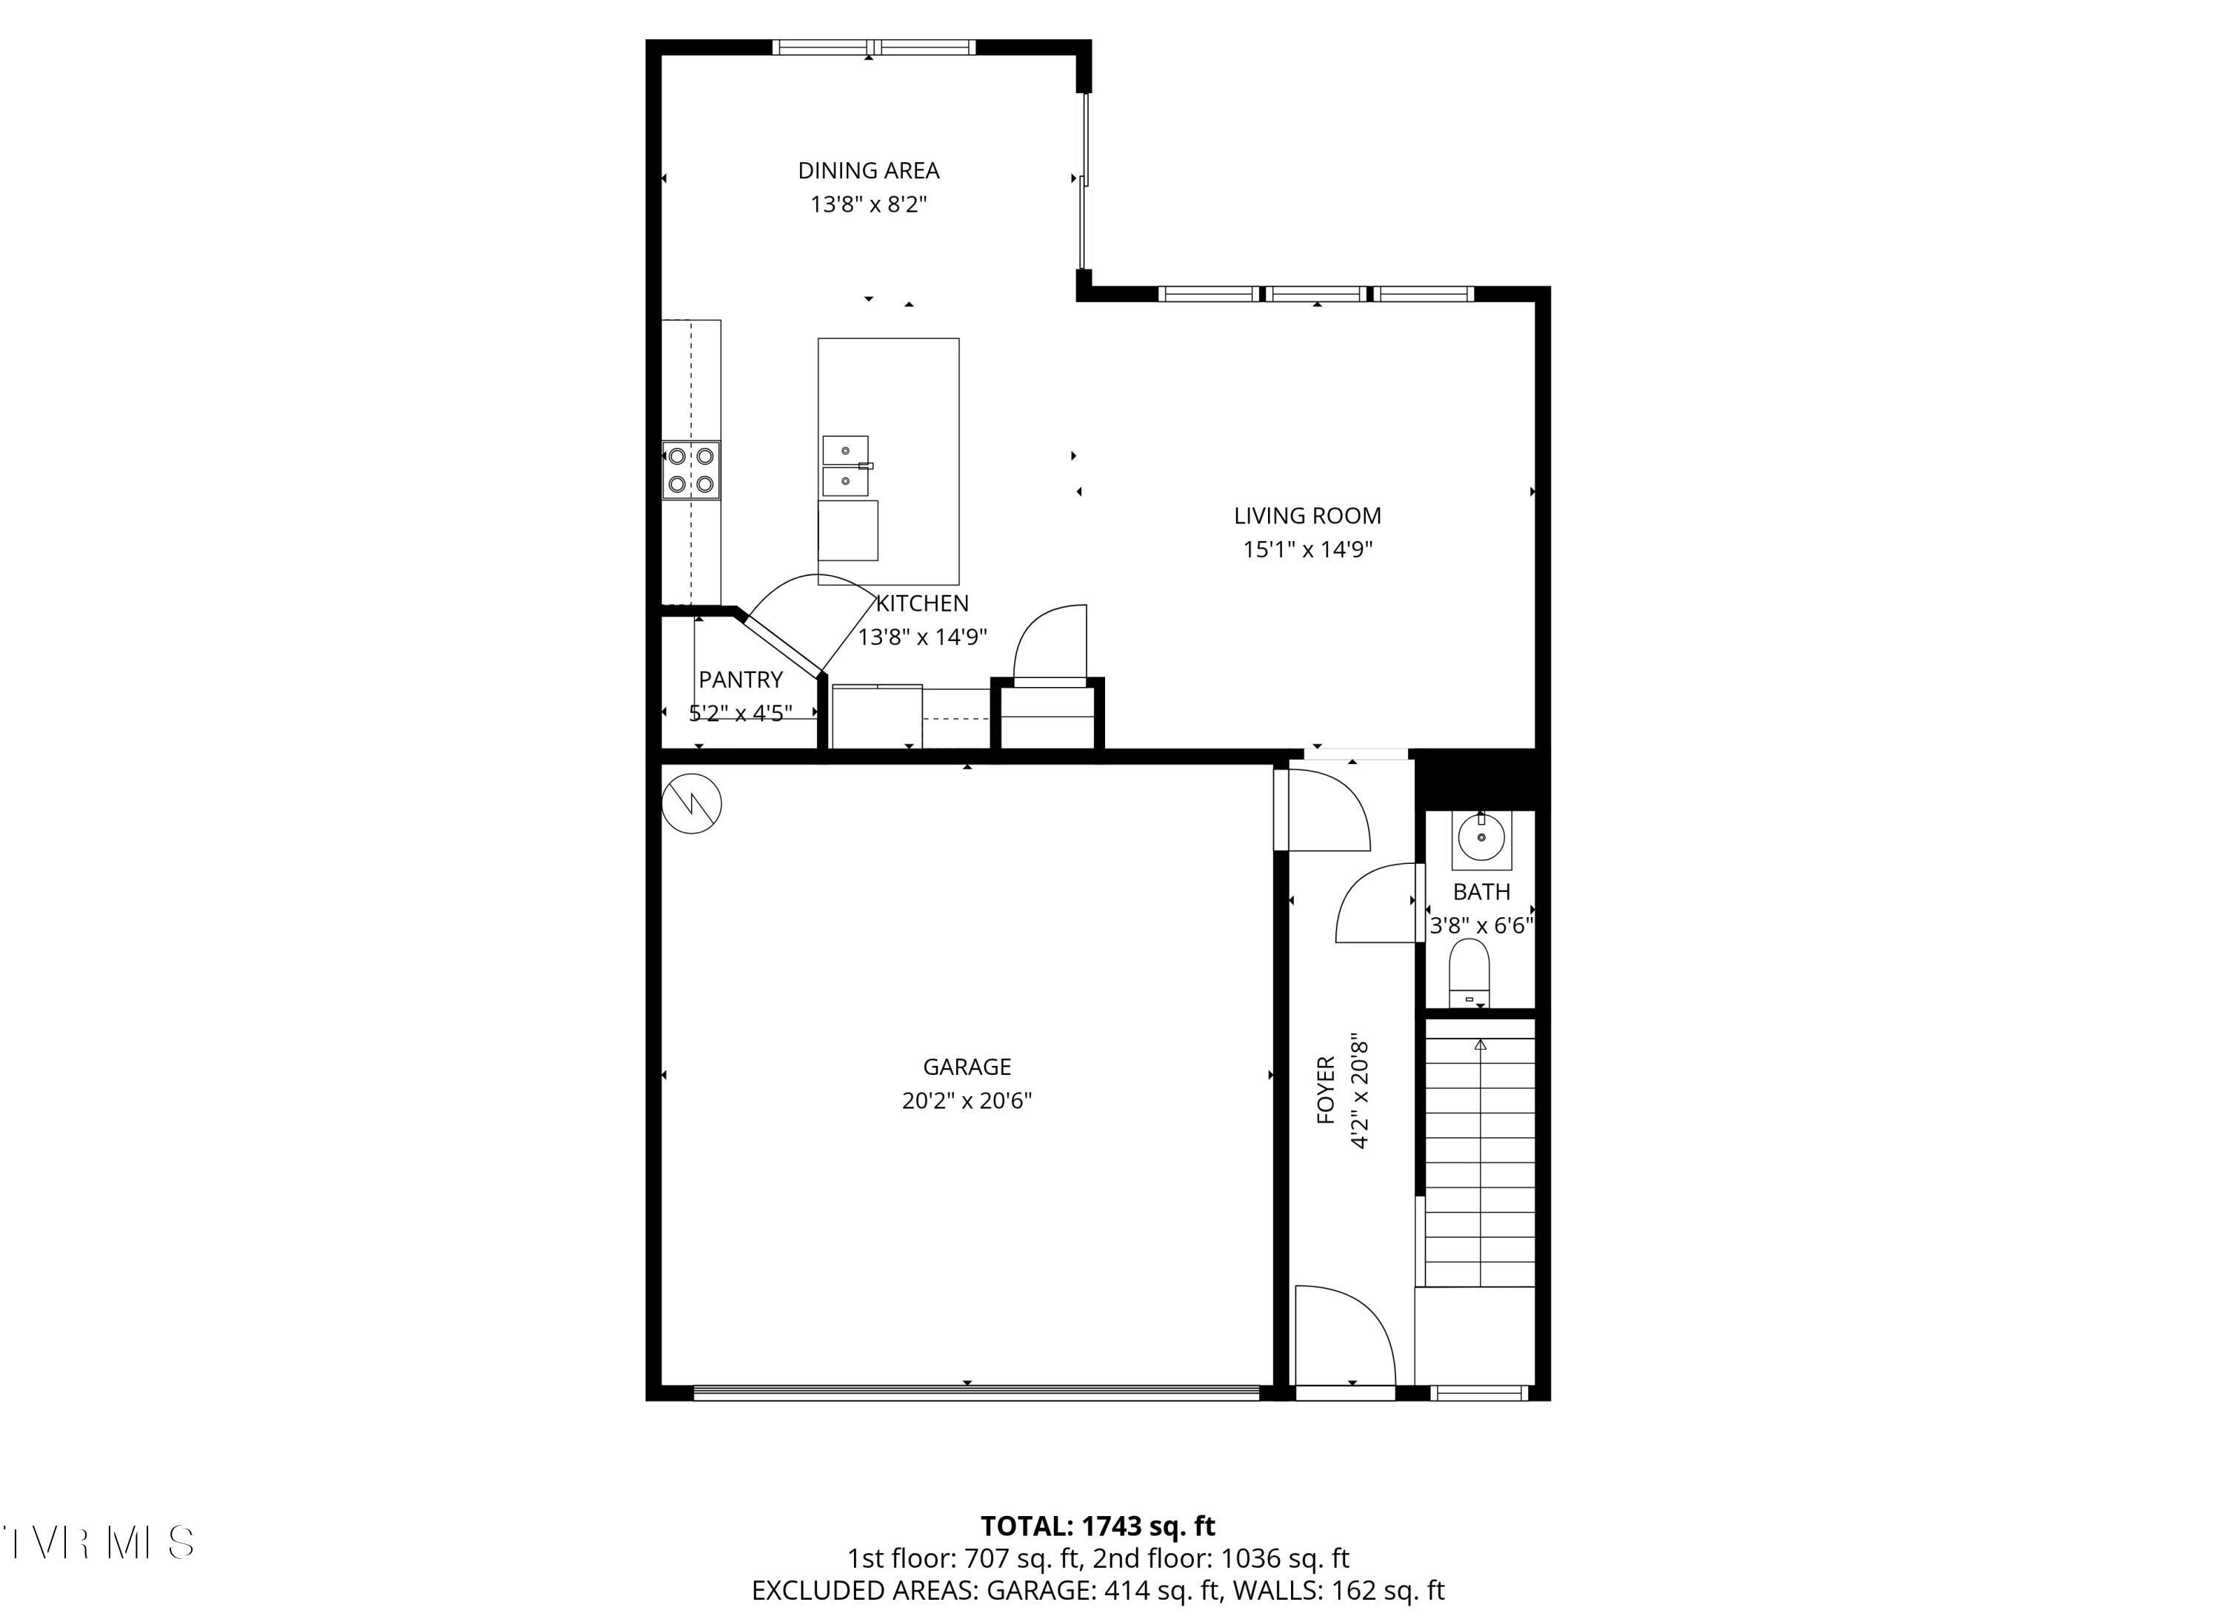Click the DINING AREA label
point(868,170)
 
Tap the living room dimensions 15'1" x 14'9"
point(1307,549)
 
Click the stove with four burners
point(691,470)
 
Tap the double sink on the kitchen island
point(846,466)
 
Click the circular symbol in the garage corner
point(692,804)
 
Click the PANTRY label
point(741,680)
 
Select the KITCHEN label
point(922,603)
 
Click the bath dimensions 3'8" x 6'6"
point(1481,925)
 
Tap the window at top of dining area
point(874,47)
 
